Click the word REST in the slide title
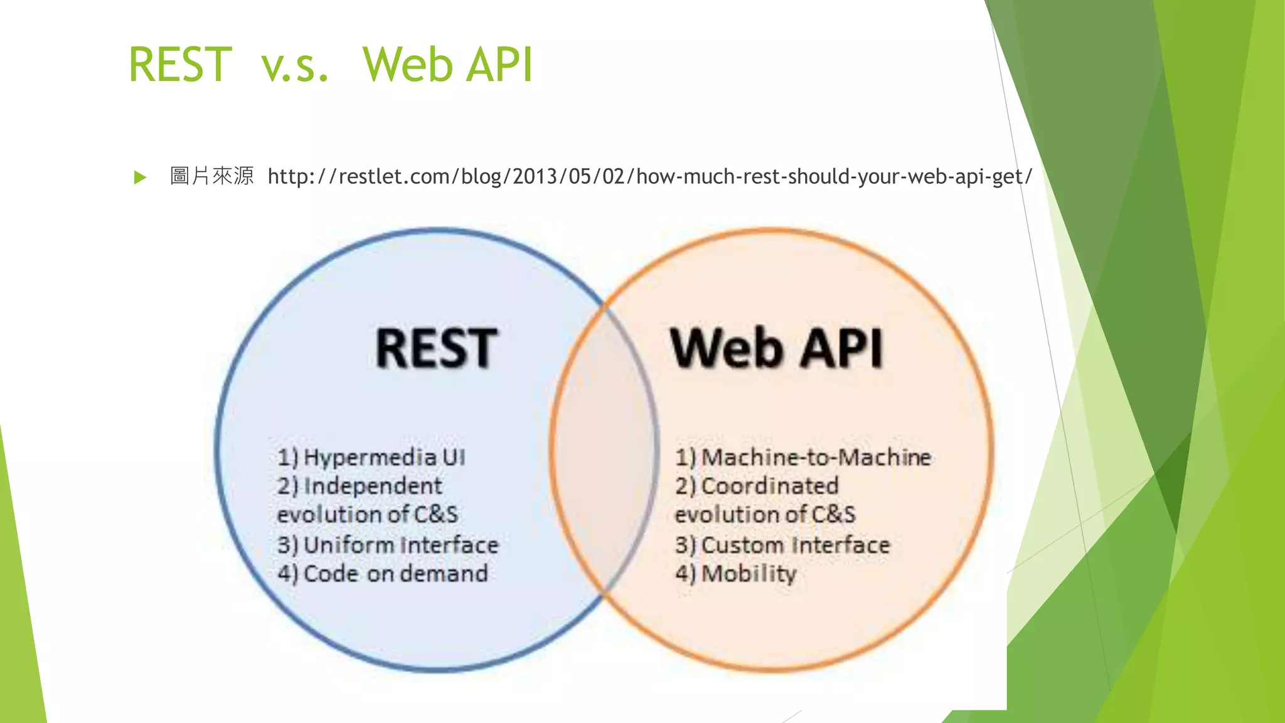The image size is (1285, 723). pyautogui.click(x=180, y=65)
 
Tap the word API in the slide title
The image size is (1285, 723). pyautogui.click(x=500, y=65)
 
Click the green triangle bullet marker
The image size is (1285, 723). pyautogui.click(x=140, y=178)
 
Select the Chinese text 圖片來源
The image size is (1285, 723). pyautogui.click(x=211, y=176)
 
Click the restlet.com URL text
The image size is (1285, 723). pyautogui.click(x=649, y=177)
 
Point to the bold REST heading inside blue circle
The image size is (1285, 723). pyautogui.click(x=437, y=348)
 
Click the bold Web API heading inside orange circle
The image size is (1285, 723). pyautogui.click(x=777, y=348)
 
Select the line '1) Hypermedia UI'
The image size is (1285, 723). pyautogui.click(x=371, y=458)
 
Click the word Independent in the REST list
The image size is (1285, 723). pyautogui.click(x=373, y=486)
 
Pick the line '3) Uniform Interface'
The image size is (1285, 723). pyautogui.click(x=388, y=545)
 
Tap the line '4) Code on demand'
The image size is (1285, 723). pyautogui.click(x=383, y=574)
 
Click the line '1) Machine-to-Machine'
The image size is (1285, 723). pyautogui.click(x=803, y=458)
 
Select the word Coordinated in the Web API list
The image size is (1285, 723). pyautogui.click(x=770, y=486)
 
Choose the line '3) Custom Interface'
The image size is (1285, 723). pyautogui.click(x=782, y=545)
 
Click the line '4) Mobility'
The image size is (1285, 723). pyautogui.click(x=736, y=574)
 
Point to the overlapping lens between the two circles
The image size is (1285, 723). pyautogui.click(x=604, y=449)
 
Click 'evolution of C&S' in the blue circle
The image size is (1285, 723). pyautogui.click(x=368, y=515)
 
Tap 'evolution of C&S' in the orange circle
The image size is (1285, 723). pyautogui.click(x=765, y=515)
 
